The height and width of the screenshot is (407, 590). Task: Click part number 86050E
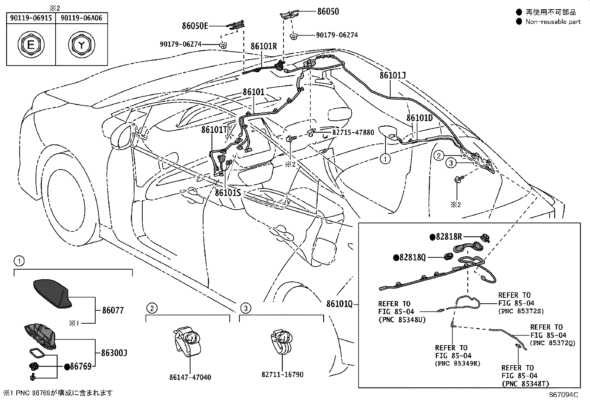click(195, 26)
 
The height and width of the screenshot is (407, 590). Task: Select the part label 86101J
click(392, 76)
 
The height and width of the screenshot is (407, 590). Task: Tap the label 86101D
click(420, 118)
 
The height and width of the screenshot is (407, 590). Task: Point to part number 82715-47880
click(353, 132)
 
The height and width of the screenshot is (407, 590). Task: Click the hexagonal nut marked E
click(31, 45)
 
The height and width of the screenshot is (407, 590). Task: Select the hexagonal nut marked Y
click(81, 45)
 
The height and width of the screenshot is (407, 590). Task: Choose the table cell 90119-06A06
click(82, 18)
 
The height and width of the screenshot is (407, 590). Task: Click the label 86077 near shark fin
click(113, 310)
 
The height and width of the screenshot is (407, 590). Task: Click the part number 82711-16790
click(282, 374)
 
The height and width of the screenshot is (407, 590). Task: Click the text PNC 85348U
click(402, 320)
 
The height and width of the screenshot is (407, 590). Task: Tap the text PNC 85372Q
click(553, 343)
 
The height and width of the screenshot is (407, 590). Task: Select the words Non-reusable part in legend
click(553, 22)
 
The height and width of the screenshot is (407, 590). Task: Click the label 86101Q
click(339, 304)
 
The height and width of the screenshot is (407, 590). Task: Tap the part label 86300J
click(114, 353)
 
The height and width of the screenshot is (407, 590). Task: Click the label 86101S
click(228, 193)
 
